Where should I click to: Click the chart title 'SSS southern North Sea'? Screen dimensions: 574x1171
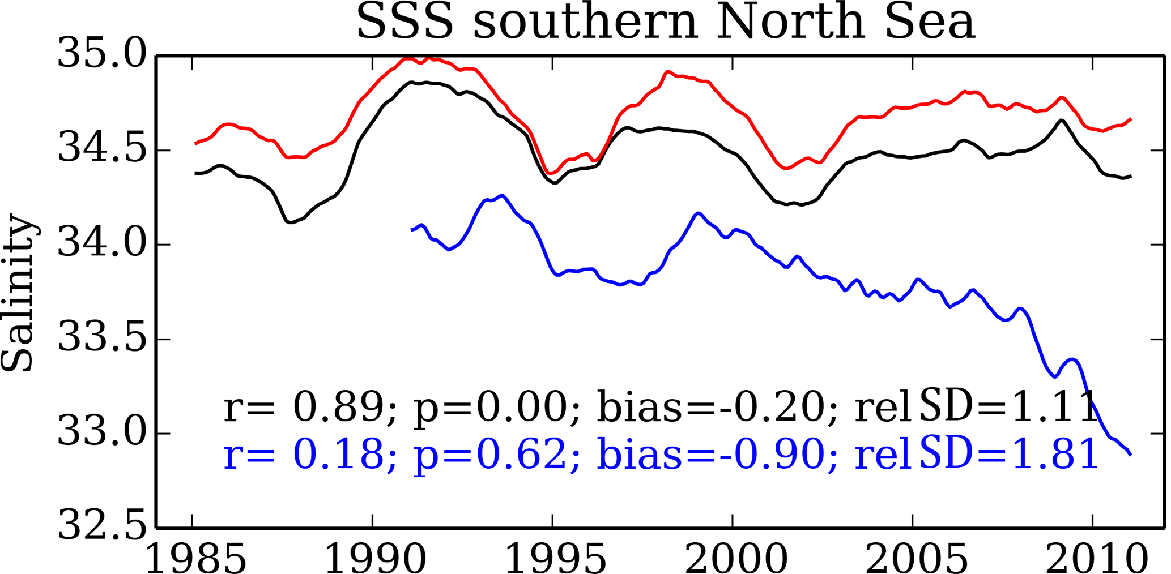tap(665, 23)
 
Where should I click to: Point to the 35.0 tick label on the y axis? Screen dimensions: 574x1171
tap(102, 54)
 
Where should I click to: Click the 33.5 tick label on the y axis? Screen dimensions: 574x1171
tap(102, 338)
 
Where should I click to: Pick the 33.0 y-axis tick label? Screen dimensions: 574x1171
tap(102, 432)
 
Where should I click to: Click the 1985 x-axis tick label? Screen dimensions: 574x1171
tap(195, 559)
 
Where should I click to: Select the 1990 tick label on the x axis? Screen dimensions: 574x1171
tap(374, 559)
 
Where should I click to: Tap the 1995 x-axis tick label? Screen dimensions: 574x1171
tap(555, 559)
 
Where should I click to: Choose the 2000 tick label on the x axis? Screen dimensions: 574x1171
tap(736, 559)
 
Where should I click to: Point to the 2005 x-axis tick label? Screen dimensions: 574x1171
tap(916, 559)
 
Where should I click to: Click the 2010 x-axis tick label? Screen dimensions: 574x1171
tap(1096, 559)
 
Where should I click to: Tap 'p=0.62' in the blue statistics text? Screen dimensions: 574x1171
tap(491, 455)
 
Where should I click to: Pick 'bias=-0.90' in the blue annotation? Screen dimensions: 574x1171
tap(710, 455)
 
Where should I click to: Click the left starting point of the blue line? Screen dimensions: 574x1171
tap(412, 230)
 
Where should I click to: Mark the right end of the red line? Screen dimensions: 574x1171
tap(1131, 119)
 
